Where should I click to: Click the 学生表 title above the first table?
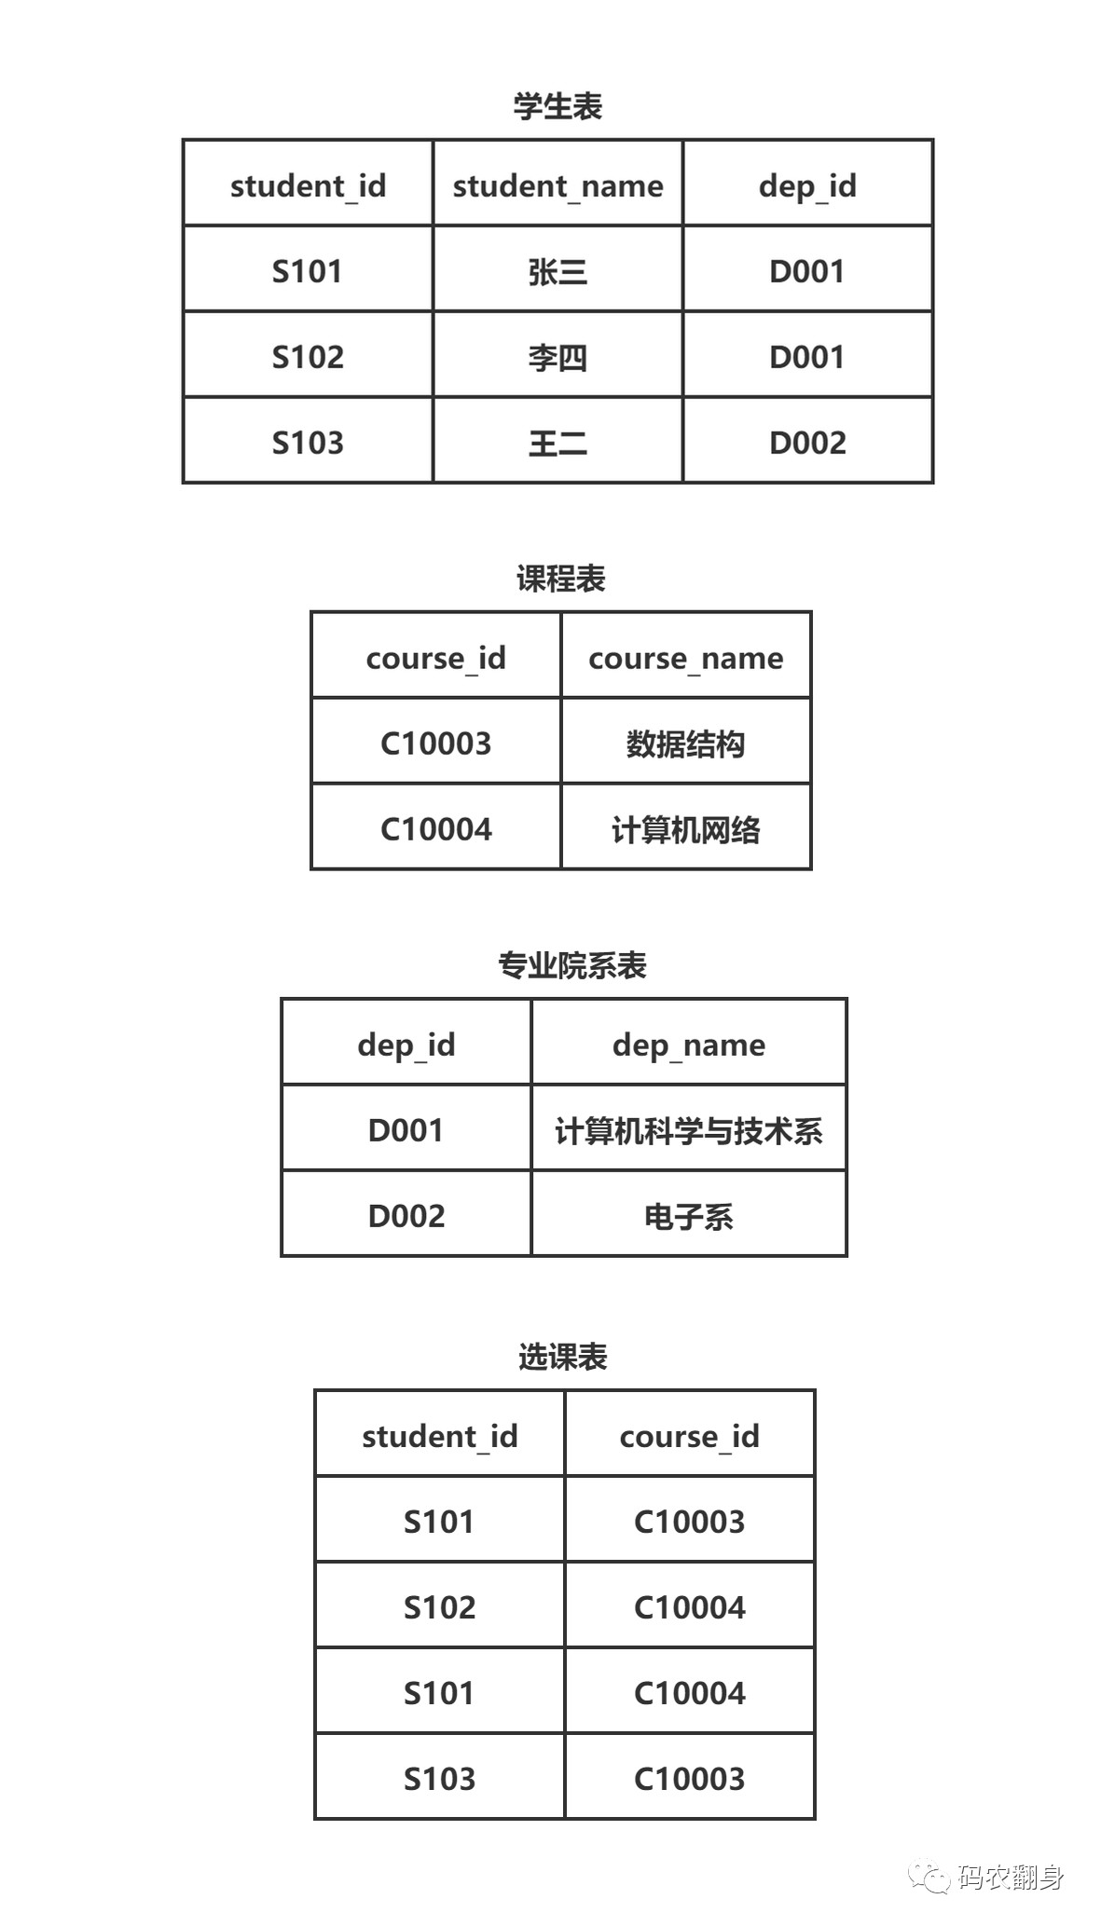[x=557, y=106]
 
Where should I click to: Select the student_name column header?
[x=557, y=185]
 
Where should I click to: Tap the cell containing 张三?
[x=557, y=271]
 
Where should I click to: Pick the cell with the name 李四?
[x=557, y=357]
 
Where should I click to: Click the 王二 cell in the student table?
[x=557, y=443]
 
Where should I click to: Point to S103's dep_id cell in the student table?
[x=807, y=443]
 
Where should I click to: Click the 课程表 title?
[x=561, y=579]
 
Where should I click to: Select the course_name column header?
[x=685, y=658]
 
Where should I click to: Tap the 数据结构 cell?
[x=685, y=744]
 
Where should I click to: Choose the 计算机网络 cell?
[x=685, y=829]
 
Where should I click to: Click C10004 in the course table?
[x=435, y=829]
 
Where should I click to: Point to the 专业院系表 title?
[x=571, y=965]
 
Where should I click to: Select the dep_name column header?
[x=688, y=1045]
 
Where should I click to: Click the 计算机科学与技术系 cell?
[x=688, y=1130]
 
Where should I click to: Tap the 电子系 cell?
[x=688, y=1216]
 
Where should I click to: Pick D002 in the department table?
[x=406, y=1216]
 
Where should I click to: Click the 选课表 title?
[x=562, y=1357]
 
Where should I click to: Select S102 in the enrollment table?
[x=439, y=1607]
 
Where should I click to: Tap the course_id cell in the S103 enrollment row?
[x=689, y=1779]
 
